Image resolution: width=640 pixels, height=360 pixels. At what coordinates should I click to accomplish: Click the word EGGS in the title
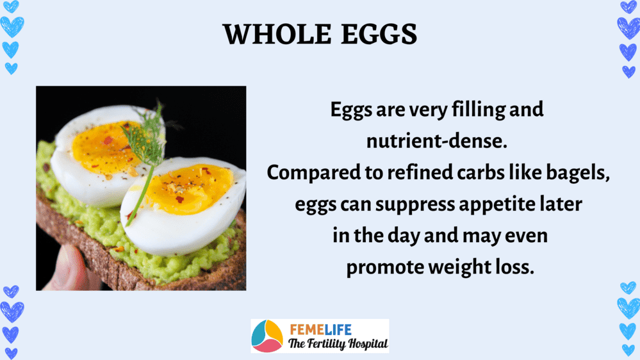pyautogui.click(x=379, y=34)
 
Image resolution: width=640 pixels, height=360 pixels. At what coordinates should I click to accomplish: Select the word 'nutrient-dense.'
pyautogui.click(x=437, y=141)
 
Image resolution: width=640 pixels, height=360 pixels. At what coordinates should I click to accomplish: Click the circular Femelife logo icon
pyautogui.click(x=267, y=336)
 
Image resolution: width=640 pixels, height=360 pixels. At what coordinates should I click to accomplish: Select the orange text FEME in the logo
pyautogui.click(x=307, y=329)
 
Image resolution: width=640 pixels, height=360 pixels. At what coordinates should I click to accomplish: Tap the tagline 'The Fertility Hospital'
pyautogui.click(x=338, y=344)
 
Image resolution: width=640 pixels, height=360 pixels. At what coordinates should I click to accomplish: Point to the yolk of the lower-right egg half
pyautogui.click(x=188, y=189)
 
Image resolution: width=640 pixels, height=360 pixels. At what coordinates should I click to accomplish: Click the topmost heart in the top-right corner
pyautogui.click(x=628, y=6)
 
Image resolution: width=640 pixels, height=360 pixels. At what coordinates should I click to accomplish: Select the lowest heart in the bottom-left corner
pyautogui.click(x=11, y=354)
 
